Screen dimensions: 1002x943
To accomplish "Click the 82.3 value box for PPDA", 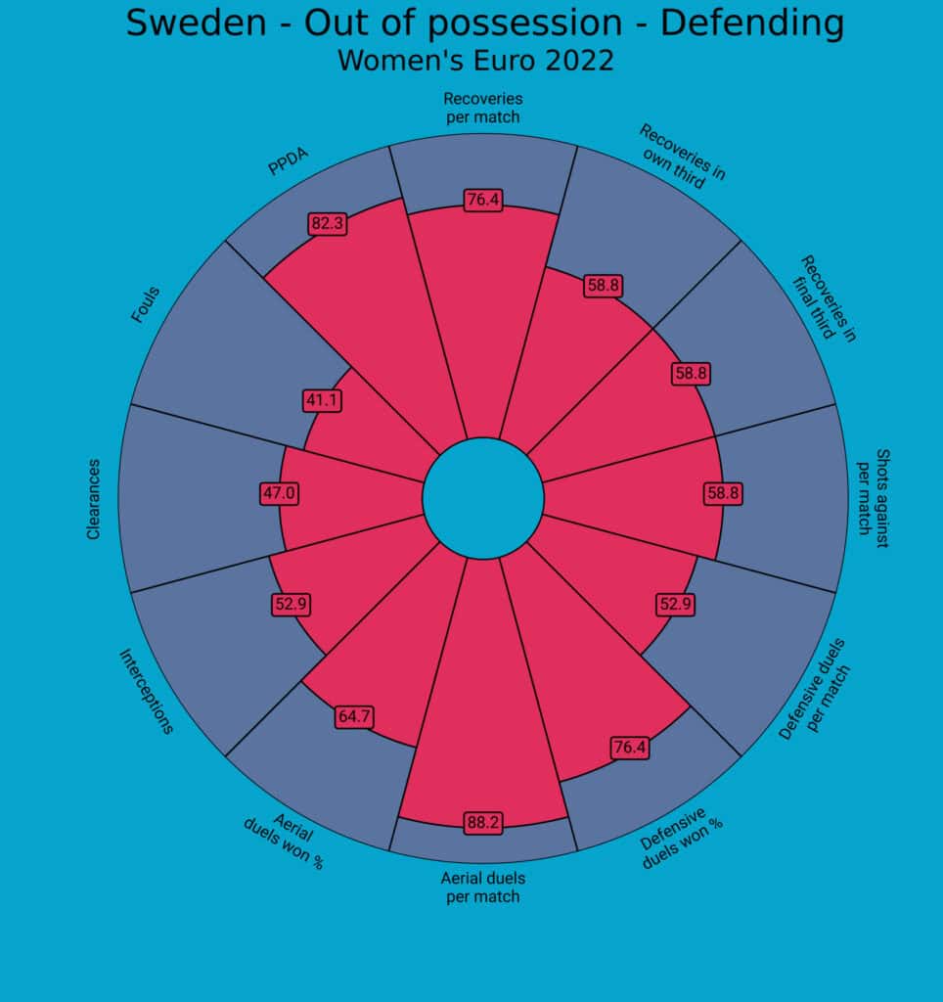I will [327, 224].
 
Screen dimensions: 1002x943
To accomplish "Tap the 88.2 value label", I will [483, 823].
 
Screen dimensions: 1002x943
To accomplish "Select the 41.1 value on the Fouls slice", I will [322, 400].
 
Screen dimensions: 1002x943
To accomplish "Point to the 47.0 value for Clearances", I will [279, 493].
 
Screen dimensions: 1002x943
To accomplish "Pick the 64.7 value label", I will [353, 717].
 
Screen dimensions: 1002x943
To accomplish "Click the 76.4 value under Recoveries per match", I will [483, 200].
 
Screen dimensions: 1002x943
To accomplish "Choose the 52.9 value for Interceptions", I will [292, 605].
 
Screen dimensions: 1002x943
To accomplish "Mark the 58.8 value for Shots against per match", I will [723, 493].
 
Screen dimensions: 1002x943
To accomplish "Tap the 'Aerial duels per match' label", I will [483, 888].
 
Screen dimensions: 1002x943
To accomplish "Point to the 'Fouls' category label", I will [146, 304].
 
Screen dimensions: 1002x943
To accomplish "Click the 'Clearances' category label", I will [94, 499].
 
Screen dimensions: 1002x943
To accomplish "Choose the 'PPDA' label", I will [283, 163].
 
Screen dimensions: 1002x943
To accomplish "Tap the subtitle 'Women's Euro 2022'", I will [475, 61].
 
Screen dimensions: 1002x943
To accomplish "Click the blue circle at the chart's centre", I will [483, 498].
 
